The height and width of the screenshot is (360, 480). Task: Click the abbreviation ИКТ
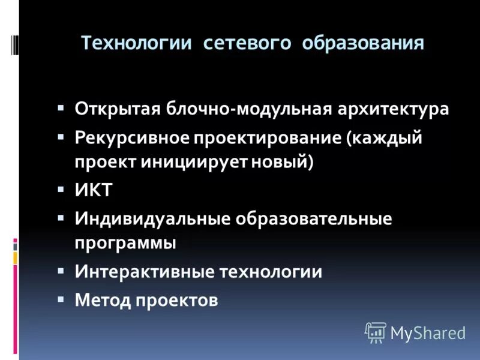click(94, 191)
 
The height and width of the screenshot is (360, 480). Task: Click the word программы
click(126, 244)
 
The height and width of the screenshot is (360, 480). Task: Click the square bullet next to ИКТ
click(61, 189)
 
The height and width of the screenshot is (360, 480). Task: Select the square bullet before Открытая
click(61, 108)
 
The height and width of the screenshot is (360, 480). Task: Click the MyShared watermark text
click(428, 332)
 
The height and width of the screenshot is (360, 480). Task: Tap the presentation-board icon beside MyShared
click(376, 332)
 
